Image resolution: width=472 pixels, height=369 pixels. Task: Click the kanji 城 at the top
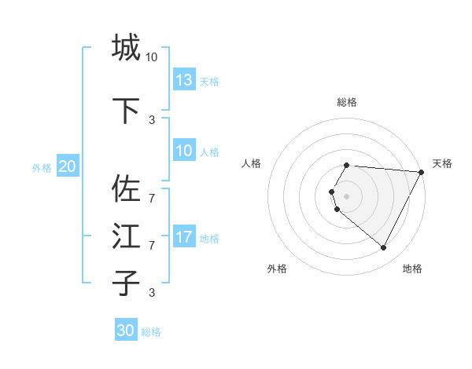pos(126,47)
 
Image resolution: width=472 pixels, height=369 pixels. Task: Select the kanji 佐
pos(126,188)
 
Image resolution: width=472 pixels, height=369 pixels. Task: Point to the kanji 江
pos(126,236)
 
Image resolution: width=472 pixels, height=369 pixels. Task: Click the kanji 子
pos(126,283)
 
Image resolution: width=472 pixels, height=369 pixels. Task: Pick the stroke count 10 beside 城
pos(152,57)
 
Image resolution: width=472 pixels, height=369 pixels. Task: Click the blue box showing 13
pos(184,80)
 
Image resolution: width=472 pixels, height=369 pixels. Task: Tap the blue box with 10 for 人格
pos(184,151)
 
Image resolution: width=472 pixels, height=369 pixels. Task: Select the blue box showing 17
pos(184,237)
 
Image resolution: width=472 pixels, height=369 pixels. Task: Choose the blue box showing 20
pos(68,166)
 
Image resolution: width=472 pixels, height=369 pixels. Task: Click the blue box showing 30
pos(126,331)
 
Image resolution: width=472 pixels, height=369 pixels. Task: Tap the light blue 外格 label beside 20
pos(42,167)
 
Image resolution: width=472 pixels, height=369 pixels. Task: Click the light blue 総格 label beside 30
pos(151,332)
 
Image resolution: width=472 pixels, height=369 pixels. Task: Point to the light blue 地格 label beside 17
pos(210,239)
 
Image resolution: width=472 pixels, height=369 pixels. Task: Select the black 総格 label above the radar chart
pos(347,102)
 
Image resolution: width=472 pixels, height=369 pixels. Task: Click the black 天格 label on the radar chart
pos(442,163)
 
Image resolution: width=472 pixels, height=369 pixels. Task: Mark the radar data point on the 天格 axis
pos(422,172)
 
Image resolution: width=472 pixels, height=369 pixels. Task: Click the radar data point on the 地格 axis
pos(384,248)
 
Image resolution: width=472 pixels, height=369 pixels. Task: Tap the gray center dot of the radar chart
pos(347,195)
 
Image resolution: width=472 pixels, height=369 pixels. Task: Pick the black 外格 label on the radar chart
pos(277,269)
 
